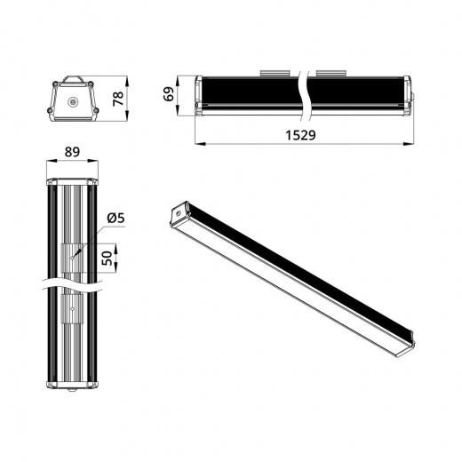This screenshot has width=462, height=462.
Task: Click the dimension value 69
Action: (169, 94)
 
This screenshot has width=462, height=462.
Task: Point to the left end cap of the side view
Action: (197, 95)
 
